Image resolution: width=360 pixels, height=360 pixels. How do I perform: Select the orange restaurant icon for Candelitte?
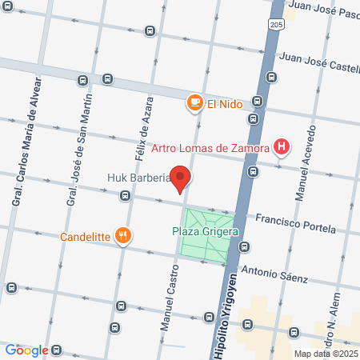(123, 236)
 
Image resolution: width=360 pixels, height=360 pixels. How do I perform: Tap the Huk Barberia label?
(138, 178)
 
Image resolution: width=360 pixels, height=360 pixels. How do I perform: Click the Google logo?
(26, 350)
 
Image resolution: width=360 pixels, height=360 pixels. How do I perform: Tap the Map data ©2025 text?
(324, 354)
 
